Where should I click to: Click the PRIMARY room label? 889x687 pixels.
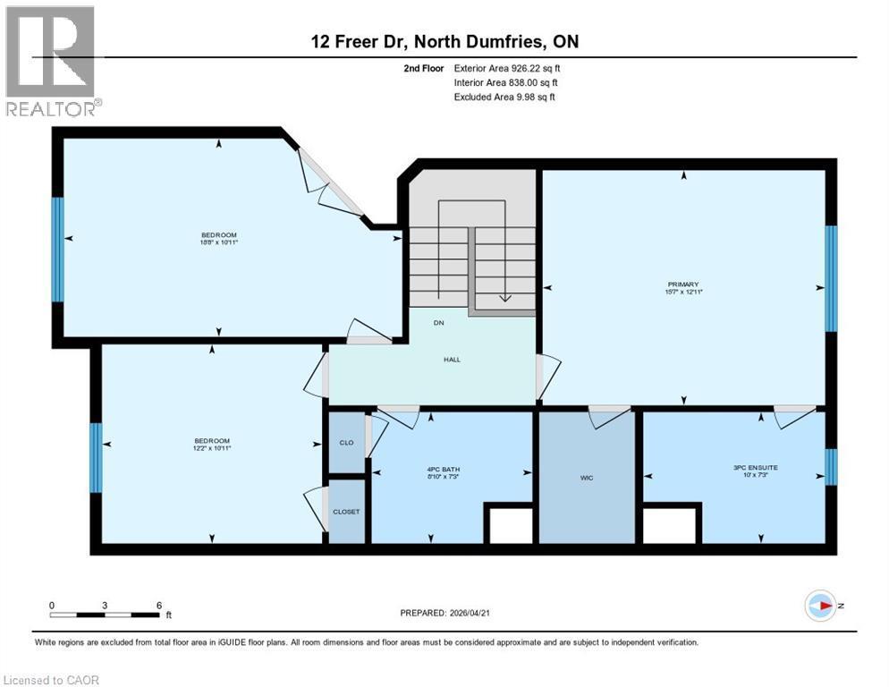coord(683,284)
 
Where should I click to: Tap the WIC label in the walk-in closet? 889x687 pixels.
coord(587,478)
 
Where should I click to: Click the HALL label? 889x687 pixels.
coord(453,359)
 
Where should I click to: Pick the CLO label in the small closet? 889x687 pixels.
coord(347,441)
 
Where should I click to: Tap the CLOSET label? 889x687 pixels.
coord(346,512)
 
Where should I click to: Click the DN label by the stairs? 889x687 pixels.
coord(439,322)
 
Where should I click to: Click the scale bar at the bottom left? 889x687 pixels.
coord(106,615)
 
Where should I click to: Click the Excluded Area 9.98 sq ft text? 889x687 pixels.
coord(504,97)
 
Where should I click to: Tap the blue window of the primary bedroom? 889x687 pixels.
coord(831,278)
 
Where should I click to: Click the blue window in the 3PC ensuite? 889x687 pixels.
coord(831,466)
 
